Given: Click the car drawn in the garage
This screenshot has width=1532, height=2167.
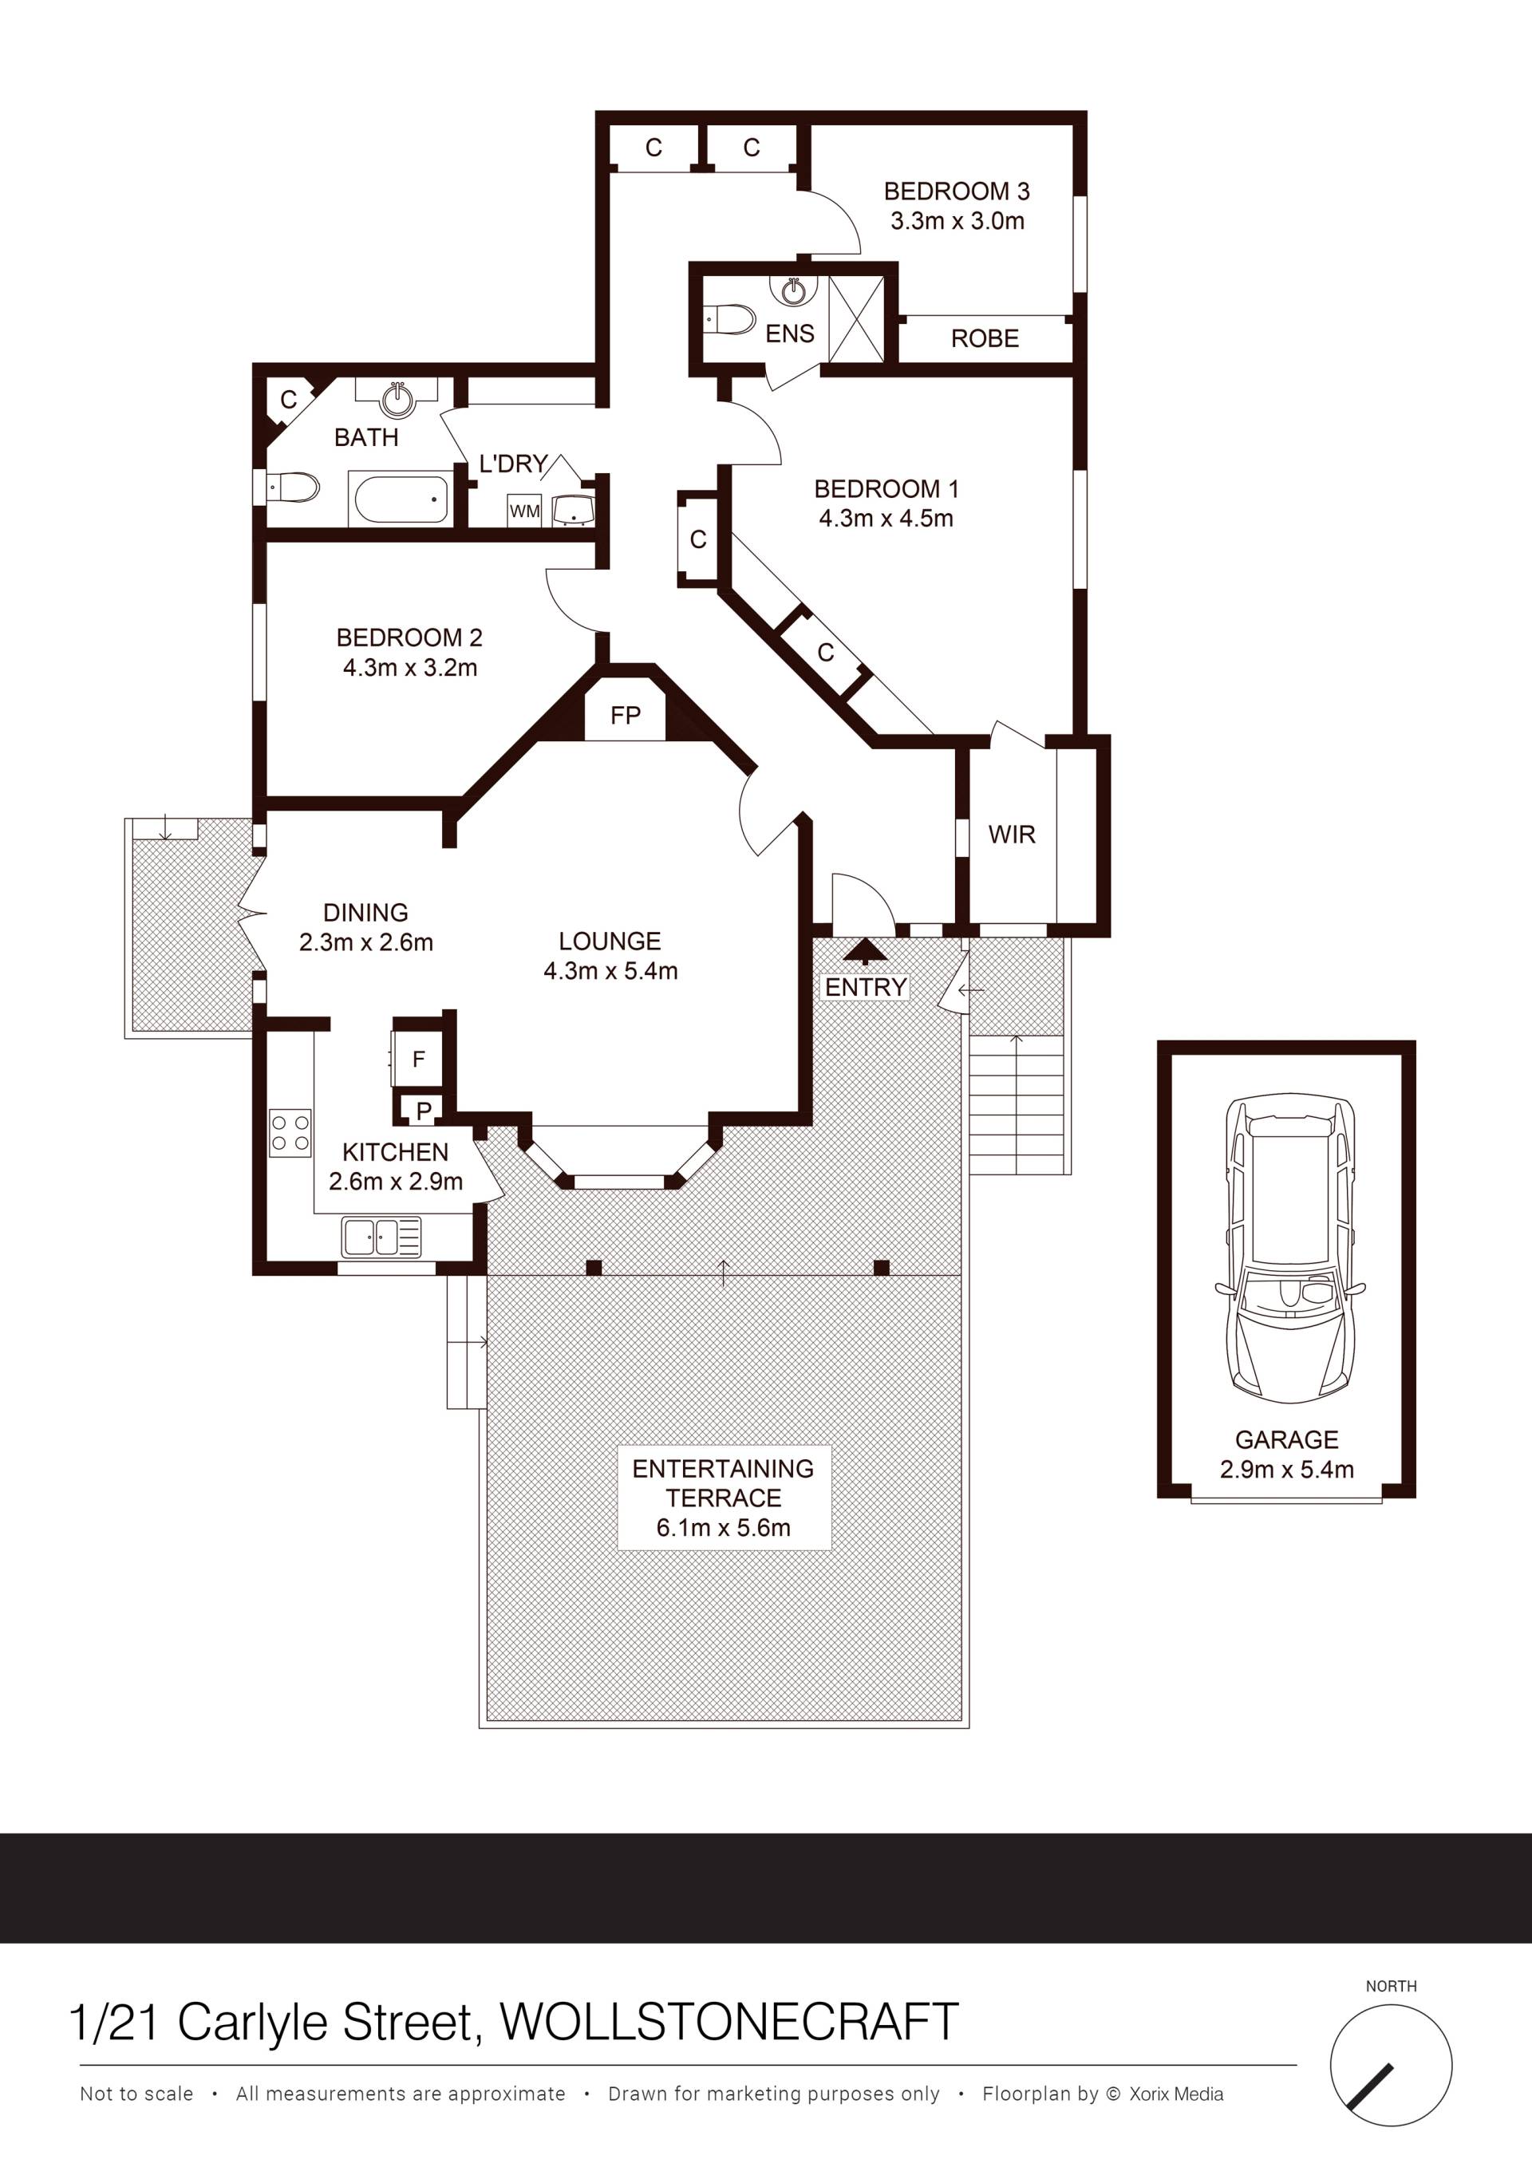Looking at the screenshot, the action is coord(1290,1253).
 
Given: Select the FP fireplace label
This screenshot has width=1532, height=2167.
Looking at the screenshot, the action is coord(626,716).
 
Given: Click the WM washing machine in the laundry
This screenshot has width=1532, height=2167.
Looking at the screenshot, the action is coord(525,511).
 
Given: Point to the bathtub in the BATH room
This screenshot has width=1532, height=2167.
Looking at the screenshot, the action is coord(401,499).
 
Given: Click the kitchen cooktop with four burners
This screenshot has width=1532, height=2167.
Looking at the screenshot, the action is coord(290,1133).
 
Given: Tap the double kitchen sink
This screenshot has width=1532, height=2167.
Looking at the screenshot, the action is coord(381,1237).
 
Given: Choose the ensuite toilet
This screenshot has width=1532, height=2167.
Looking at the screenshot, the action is coord(729,319).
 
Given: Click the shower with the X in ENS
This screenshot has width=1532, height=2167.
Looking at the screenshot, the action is coord(857,319).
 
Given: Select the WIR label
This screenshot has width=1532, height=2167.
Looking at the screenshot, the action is coord(1012,835).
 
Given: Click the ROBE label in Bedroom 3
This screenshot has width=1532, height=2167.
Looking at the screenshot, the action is coord(985,339).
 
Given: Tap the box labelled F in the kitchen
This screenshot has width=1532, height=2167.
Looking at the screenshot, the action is coord(419,1059).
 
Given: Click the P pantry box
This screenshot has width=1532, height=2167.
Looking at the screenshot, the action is coord(423,1111).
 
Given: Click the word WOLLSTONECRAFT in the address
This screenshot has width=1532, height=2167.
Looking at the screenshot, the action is coord(728,2023).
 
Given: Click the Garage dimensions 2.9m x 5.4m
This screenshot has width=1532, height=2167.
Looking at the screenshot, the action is coord(1286,1470).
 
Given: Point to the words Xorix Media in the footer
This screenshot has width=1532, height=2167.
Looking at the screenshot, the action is coord(1176,2094).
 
